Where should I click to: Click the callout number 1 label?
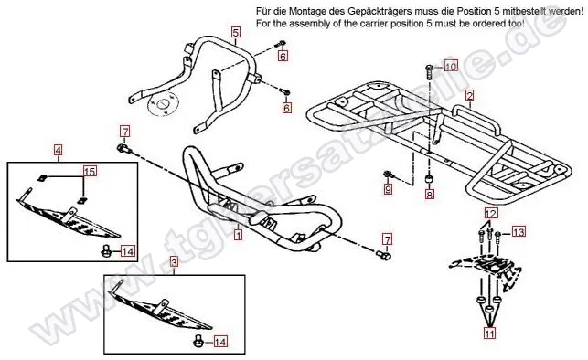(x=238, y=235)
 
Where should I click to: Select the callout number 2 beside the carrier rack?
(x=469, y=95)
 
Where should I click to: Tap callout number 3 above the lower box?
(x=173, y=262)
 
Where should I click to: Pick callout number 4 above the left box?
(x=58, y=151)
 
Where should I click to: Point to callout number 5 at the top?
(x=235, y=32)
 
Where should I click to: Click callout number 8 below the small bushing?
(x=430, y=194)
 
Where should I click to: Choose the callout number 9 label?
(x=388, y=189)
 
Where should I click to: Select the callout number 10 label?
(x=451, y=66)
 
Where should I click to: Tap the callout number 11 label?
(x=489, y=333)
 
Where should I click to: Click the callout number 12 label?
(x=491, y=214)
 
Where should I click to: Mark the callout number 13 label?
(x=519, y=232)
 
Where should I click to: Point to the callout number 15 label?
(x=90, y=172)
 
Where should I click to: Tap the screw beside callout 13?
(x=498, y=238)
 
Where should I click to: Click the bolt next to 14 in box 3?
(x=198, y=342)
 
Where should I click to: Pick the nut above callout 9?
(x=388, y=175)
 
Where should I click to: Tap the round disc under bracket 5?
(x=163, y=102)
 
